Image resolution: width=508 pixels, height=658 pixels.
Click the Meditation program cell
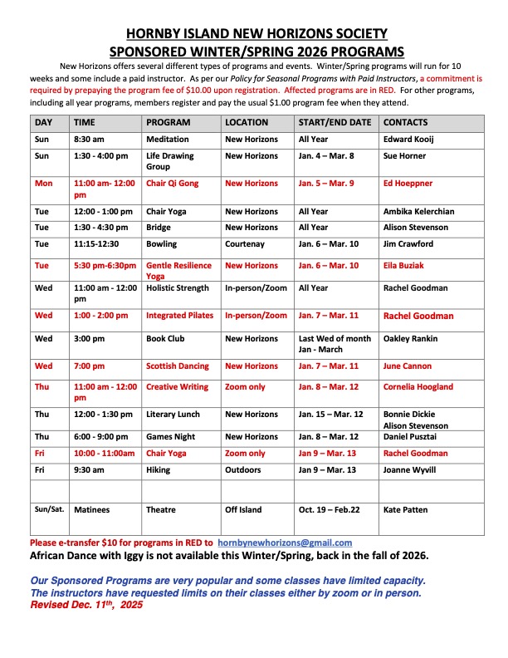coord(168,140)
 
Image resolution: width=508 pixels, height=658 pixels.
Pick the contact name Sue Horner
coord(404,155)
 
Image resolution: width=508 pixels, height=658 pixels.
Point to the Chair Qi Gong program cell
coord(173,183)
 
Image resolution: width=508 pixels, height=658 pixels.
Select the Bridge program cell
coord(159,227)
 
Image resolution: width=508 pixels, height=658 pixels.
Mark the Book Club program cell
coord(166,338)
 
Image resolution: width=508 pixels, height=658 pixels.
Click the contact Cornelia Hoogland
coord(418,386)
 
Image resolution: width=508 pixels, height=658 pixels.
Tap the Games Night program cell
coord(170,436)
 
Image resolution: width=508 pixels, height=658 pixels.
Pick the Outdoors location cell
coord(245,469)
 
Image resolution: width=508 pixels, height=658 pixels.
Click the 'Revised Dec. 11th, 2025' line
coord(85,606)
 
